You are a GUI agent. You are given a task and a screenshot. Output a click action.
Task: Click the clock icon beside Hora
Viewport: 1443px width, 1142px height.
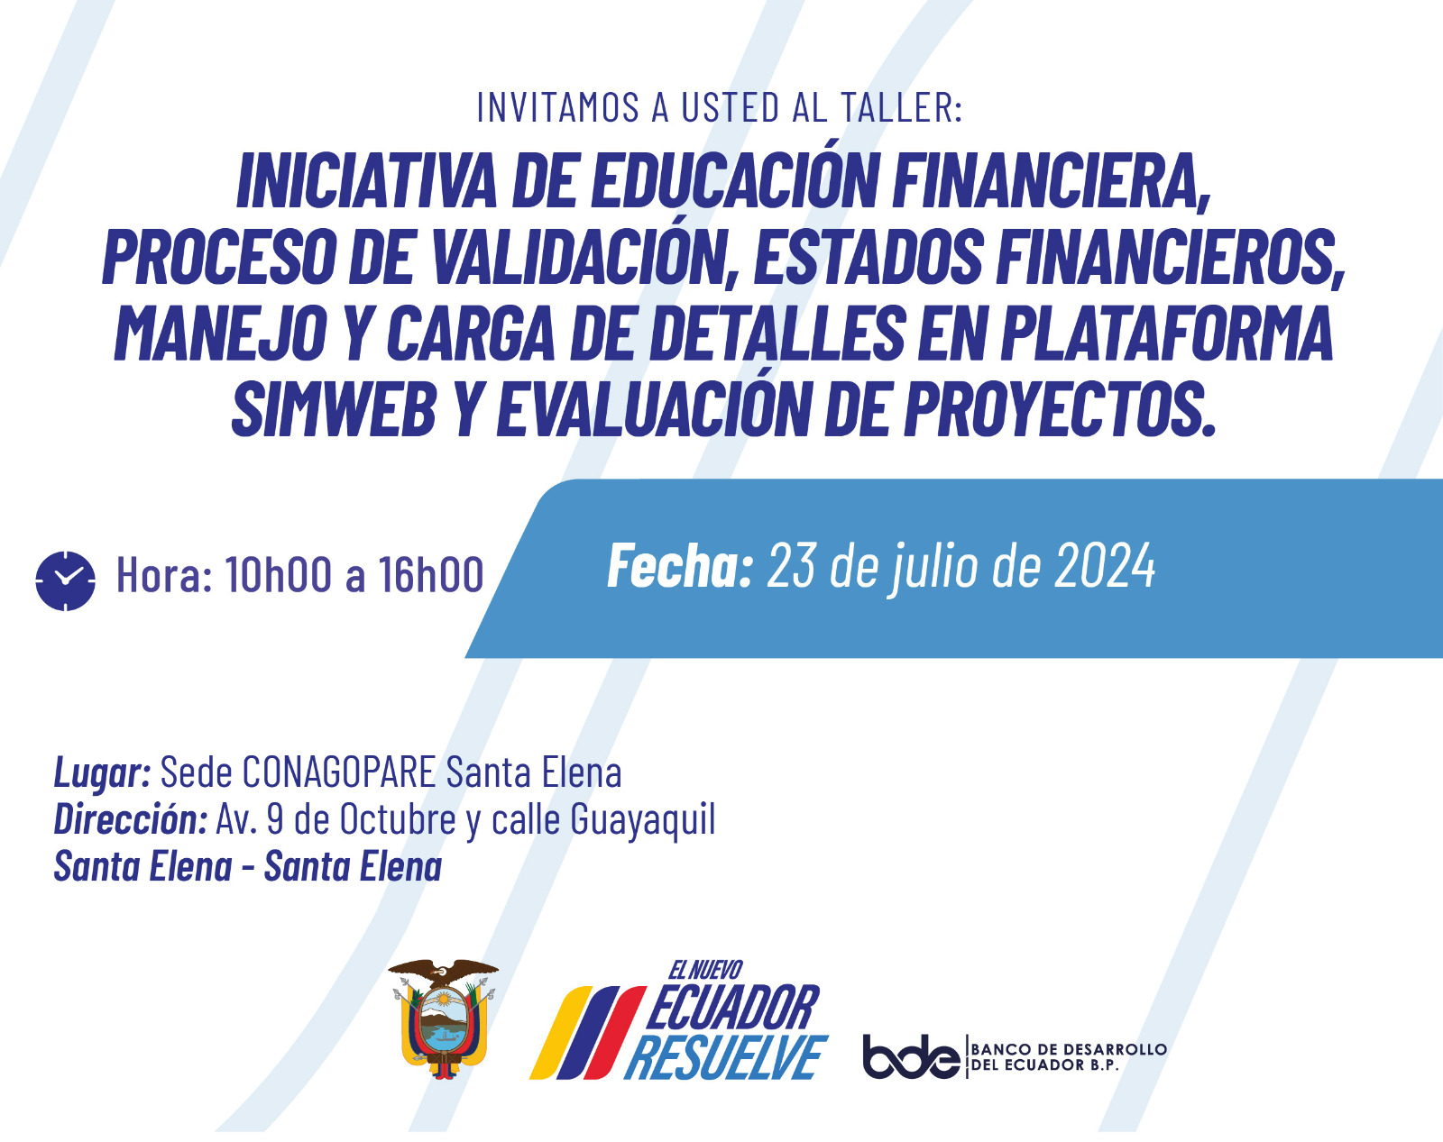tap(65, 580)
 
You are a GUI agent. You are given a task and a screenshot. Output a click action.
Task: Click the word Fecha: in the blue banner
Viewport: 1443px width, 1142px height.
tap(680, 566)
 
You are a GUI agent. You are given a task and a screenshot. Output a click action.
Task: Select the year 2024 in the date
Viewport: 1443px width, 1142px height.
tap(1105, 566)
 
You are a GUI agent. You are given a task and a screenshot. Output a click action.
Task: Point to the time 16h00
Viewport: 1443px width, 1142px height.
tap(430, 574)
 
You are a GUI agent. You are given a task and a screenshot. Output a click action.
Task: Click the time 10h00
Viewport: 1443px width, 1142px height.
tap(278, 574)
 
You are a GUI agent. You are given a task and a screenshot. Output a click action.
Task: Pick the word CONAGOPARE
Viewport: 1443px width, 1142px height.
tap(338, 772)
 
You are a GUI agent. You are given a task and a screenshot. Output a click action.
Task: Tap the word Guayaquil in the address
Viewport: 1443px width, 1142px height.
tap(642, 819)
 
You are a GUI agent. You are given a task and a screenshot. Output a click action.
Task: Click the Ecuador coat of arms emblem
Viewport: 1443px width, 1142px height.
tap(443, 1018)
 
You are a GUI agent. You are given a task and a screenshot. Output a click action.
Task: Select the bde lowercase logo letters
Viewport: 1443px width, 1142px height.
tap(911, 1056)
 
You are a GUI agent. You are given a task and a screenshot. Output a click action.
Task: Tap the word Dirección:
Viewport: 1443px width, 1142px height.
tap(130, 819)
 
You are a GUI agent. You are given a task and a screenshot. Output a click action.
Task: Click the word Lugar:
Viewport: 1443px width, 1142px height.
tap(102, 772)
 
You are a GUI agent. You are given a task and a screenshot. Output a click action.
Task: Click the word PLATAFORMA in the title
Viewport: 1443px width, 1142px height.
tap(1164, 333)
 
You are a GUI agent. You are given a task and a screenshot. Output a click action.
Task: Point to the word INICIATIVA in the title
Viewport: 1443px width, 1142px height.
tap(367, 182)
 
